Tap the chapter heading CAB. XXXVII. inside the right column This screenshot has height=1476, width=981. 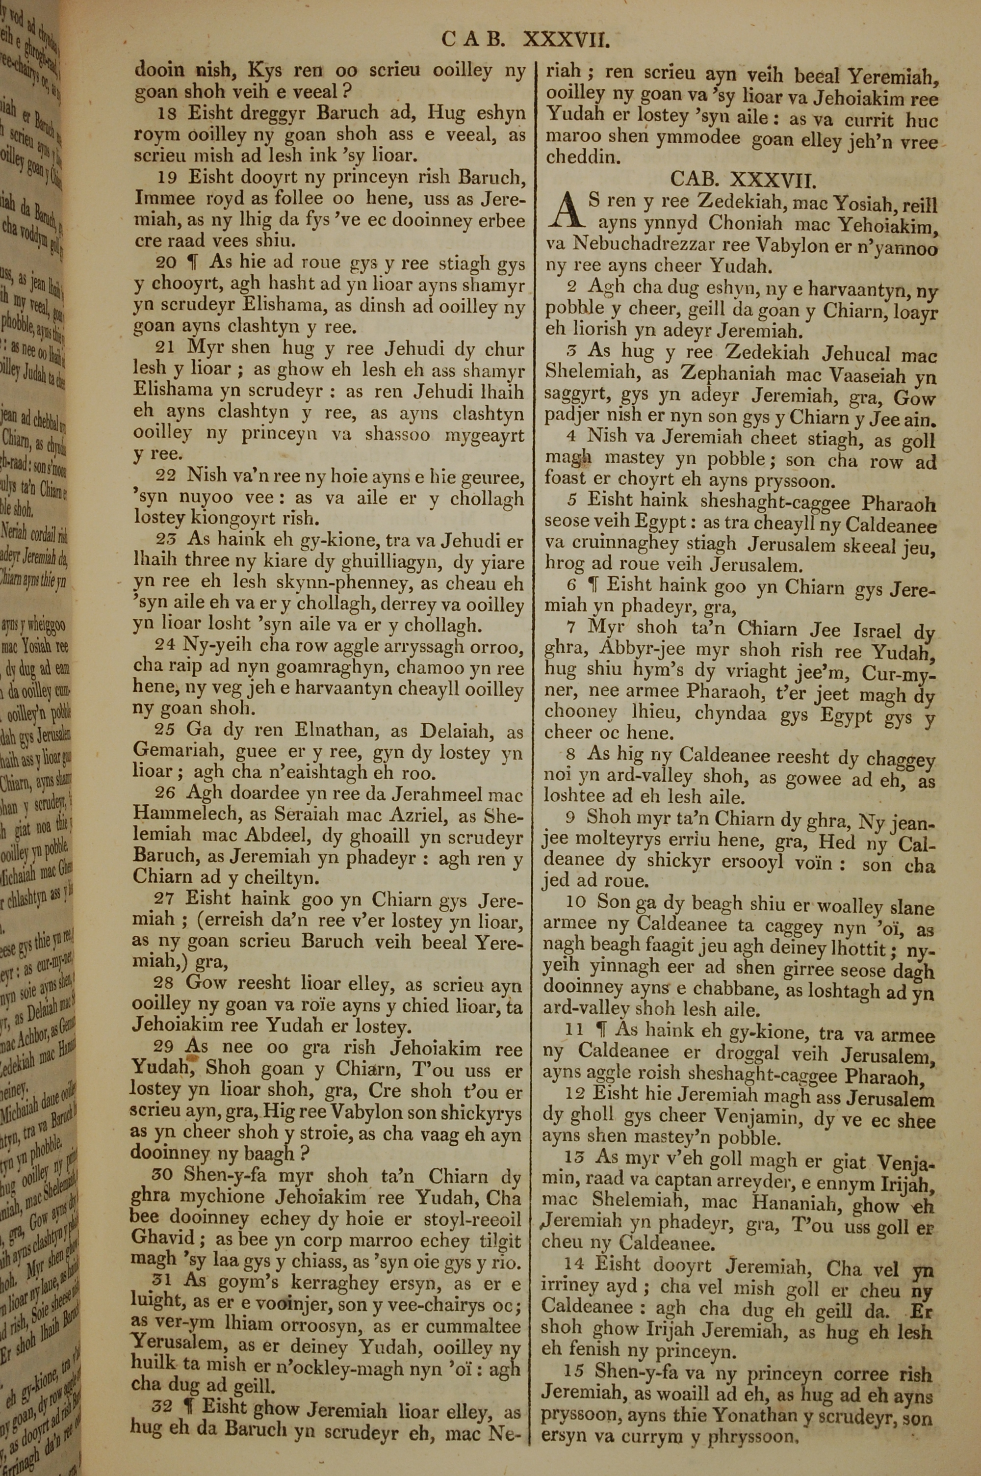(743, 180)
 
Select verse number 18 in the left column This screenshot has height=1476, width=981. (166, 113)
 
